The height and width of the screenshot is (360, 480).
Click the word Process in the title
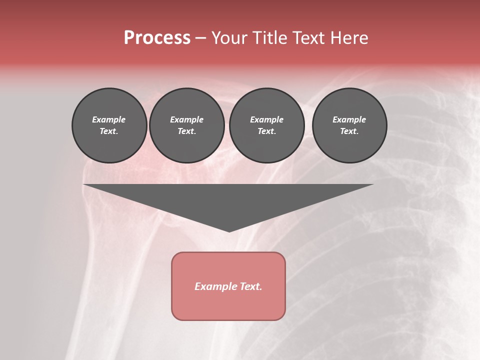[x=157, y=38]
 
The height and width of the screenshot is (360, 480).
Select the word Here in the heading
[x=350, y=38]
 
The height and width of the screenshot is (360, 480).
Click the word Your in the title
[x=230, y=38]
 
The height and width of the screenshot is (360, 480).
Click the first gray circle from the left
[x=109, y=125]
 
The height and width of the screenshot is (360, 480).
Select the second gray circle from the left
[x=186, y=125]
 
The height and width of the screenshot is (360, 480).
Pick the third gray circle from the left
[x=266, y=125]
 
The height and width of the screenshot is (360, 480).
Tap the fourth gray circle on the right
[x=349, y=125]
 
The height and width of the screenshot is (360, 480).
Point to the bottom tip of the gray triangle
[x=229, y=231]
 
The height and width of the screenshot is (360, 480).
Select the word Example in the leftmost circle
[x=109, y=119]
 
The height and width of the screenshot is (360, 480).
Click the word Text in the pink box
[x=251, y=286]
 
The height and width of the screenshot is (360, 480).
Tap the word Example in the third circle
[x=266, y=119]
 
